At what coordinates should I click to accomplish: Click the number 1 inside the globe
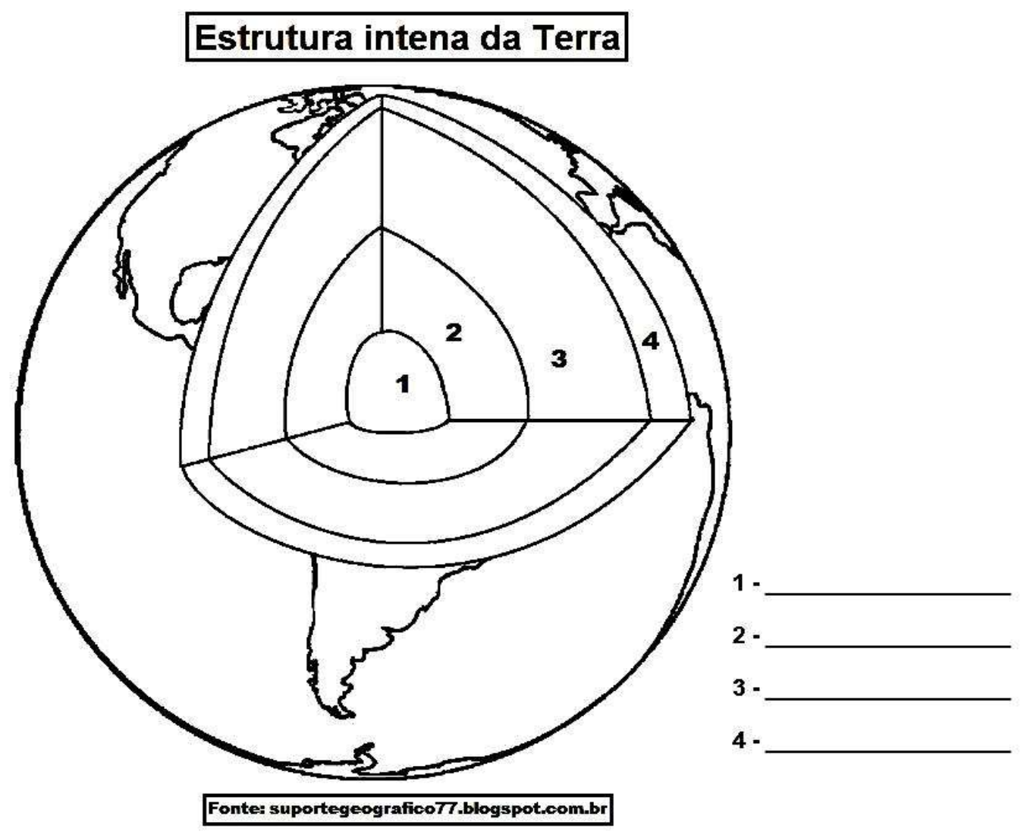click(403, 384)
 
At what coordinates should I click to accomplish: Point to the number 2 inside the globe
click(453, 332)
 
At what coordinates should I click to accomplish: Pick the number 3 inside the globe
click(559, 358)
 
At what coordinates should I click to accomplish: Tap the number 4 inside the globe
click(650, 341)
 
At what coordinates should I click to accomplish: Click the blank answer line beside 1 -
click(887, 593)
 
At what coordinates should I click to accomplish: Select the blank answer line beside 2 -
click(887, 646)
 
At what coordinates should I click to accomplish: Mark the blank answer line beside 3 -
click(887, 698)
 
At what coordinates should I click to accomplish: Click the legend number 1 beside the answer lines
click(739, 583)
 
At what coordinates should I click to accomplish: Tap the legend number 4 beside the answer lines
click(739, 741)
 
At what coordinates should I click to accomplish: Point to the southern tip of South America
click(346, 714)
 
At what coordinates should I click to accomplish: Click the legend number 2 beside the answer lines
click(739, 636)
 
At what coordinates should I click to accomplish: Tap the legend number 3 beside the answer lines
click(739, 688)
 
